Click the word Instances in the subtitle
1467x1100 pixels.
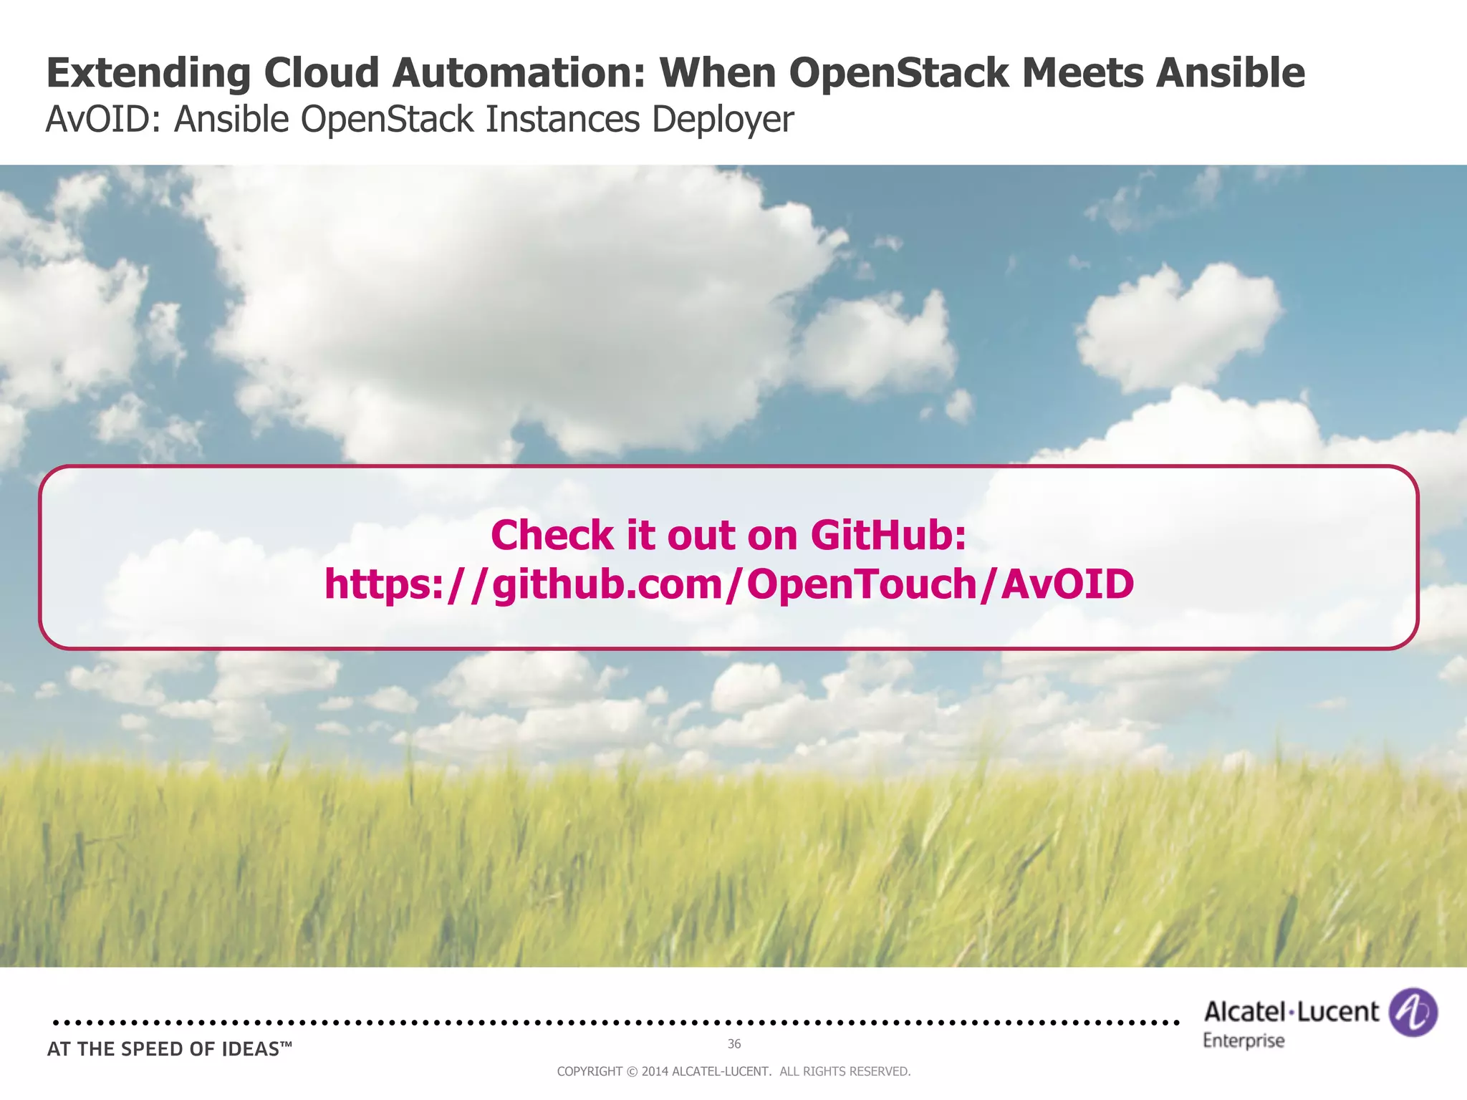[562, 119]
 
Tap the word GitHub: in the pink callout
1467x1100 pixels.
[888, 535]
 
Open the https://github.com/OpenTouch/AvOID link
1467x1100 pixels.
[728, 584]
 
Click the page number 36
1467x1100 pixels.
[733, 1044]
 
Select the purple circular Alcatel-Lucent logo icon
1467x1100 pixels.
[1413, 1012]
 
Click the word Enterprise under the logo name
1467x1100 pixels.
[1244, 1041]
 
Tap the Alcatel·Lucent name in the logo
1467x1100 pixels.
[1291, 1011]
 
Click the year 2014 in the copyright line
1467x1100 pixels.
[655, 1071]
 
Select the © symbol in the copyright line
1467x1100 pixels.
[631, 1071]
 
